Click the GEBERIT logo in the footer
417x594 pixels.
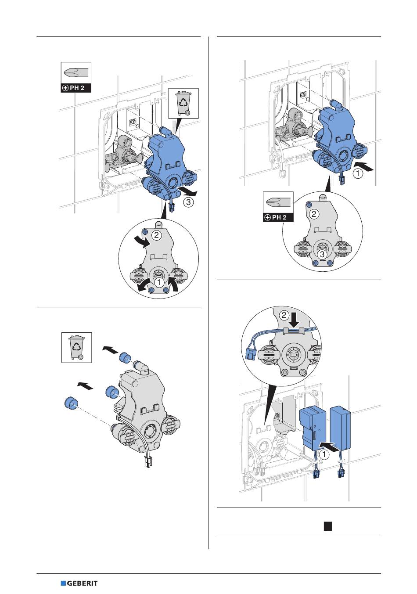79,583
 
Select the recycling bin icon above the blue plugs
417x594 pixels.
76,347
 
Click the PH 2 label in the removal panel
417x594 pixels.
76,88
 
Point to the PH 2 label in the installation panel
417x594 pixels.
278,217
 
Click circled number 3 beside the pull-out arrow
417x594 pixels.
188,203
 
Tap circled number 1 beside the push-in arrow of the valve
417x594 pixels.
359,174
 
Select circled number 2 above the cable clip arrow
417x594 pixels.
284,315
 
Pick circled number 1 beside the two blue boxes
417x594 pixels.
324,455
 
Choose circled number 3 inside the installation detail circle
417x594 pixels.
322,254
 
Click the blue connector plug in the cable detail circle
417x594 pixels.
252,351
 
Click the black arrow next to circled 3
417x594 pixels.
189,192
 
